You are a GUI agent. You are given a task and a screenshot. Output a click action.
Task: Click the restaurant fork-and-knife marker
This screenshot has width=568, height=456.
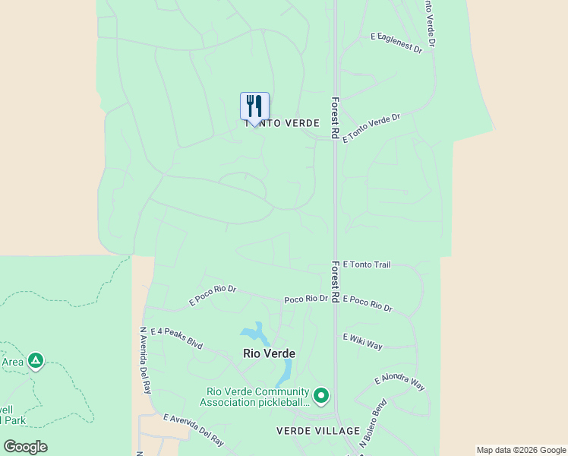(x=254, y=106)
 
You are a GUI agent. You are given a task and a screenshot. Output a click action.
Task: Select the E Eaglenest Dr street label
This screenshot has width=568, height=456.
(x=396, y=42)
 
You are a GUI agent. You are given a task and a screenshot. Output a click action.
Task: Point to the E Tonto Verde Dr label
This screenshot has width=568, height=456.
(x=371, y=128)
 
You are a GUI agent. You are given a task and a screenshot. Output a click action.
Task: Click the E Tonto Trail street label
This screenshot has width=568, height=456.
(x=367, y=264)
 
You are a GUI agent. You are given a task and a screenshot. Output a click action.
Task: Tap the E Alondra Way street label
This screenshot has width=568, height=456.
(x=399, y=382)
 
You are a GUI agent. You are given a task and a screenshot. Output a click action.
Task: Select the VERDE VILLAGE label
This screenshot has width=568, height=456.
(x=317, y=431)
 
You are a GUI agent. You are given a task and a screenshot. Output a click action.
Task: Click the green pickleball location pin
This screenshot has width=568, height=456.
(x=321, y=395)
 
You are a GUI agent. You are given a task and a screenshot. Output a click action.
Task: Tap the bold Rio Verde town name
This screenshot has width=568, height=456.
(x=269, y=353)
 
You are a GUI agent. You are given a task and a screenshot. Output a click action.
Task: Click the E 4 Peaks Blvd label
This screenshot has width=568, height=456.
(x=177, y=338)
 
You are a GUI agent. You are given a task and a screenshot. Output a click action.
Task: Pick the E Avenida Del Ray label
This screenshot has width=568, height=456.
(x=194, y=429)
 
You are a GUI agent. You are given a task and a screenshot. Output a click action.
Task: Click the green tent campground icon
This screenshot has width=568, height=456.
(x=35, y=361)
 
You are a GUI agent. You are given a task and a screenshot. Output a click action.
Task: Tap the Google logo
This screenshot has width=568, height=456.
(x=25, y=446)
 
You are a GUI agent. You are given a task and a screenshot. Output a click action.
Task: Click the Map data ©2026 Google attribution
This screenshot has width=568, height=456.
(x=521, y=450)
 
